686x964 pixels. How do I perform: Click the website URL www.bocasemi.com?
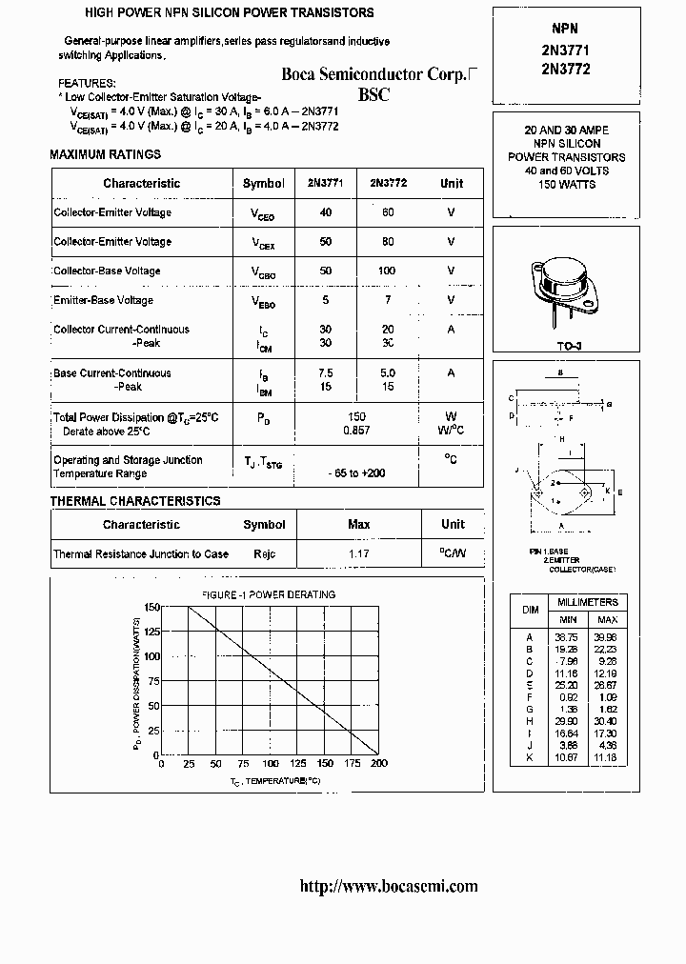389,886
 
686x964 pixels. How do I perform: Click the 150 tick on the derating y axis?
151,607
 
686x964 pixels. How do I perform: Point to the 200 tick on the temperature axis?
379,764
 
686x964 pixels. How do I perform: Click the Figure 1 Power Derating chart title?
268,594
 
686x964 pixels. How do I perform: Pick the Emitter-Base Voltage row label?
104,300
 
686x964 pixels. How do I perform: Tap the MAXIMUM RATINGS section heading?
105,154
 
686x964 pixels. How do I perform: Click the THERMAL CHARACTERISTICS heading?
134,501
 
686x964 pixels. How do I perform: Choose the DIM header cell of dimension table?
530,610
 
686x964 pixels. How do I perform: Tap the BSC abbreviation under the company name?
374,95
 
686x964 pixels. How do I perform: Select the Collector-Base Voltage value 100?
387,271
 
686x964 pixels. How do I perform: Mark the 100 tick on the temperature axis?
271,764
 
